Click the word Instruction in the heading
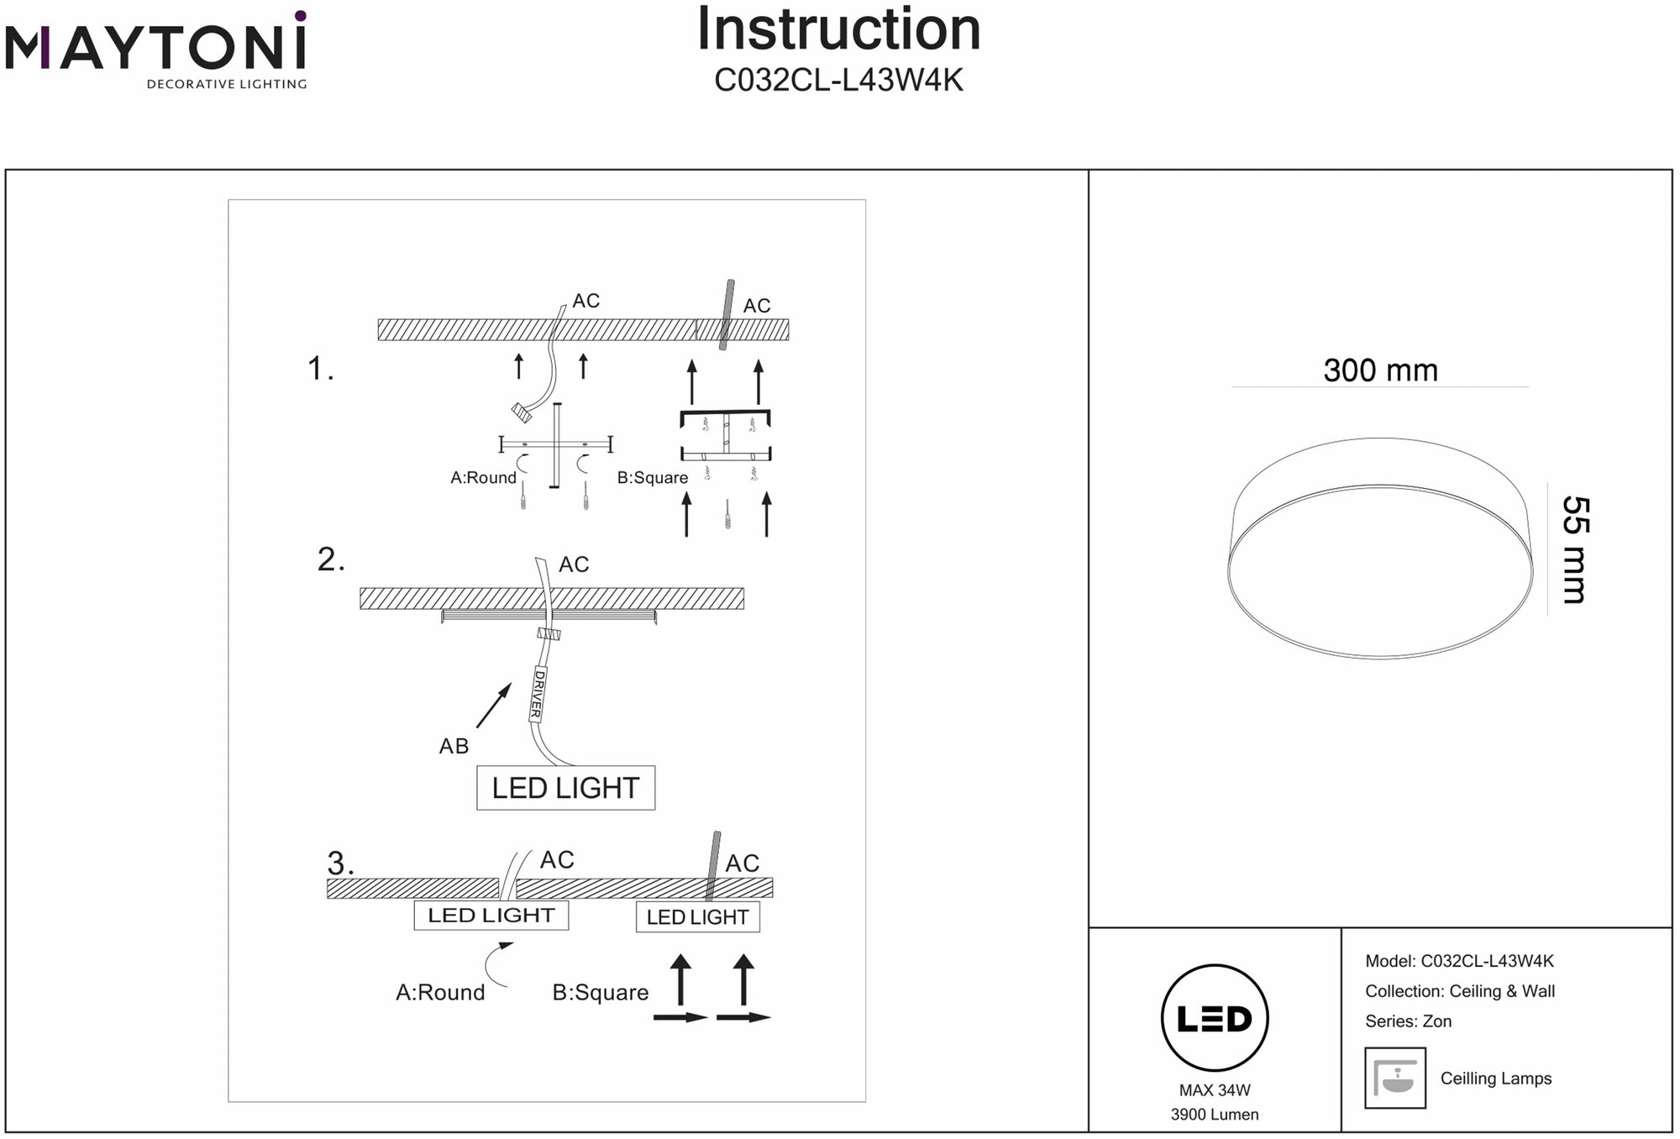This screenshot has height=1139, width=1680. [x=838, y=30]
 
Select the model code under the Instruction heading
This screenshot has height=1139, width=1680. [x=838, y=81]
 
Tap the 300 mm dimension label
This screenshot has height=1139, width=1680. [x=1380, y=370]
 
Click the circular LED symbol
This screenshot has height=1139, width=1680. [x=1214, y=1018]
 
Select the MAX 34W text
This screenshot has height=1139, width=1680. [x=1214, y=1090]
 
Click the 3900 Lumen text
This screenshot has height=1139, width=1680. [x=1214, y=1115]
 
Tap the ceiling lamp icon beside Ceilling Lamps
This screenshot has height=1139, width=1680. [x=1395, y=1078]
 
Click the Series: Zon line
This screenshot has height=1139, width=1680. [x=1408, y=1021]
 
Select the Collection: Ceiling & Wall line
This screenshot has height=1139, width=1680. [x=1459, y=991]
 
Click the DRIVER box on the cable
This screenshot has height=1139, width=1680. [x=537, y=694]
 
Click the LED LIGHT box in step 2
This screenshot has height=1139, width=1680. [x=565, y=788]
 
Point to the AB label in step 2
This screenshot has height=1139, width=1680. [x=454, y=746]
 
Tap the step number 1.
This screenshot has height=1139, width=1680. [x=320, y=369]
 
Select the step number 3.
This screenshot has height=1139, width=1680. [x=340, y=863]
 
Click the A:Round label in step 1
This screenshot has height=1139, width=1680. [x=483, y=478]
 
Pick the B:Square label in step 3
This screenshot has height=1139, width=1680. [x=600, y=993]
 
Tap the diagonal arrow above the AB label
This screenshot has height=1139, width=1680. [x=494, y=705]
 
